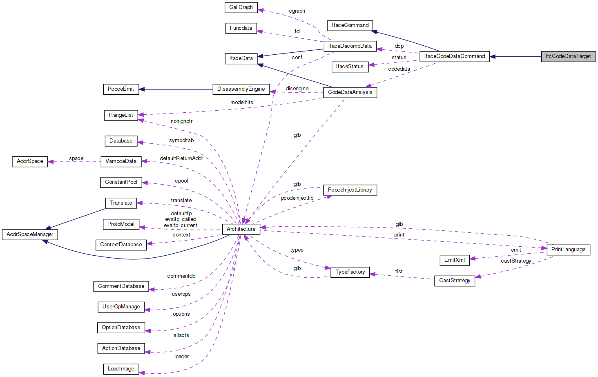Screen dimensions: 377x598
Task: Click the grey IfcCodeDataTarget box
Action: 568,56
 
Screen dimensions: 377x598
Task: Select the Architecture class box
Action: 241,229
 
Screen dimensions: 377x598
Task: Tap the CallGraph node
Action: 241,7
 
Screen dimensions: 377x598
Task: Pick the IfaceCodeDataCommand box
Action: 454,56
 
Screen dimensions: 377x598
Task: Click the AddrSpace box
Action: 30,161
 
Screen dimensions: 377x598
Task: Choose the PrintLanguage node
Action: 568,250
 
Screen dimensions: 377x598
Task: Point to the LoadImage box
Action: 121,369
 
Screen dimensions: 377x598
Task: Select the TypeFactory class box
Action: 350,272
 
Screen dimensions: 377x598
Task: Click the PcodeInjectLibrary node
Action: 350,190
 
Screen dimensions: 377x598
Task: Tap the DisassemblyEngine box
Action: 241,89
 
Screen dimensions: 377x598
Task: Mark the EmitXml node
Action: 454,260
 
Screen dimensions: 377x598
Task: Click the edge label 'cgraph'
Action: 297,11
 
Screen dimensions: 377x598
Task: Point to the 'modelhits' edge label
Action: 242,103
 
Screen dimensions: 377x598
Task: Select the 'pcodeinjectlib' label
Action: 297,198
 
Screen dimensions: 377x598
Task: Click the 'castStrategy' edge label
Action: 516,261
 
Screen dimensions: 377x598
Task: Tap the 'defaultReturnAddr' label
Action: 181,158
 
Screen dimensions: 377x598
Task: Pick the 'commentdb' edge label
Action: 181,276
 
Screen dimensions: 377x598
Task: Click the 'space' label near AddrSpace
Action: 76,158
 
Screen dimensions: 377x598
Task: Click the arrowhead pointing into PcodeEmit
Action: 142,89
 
